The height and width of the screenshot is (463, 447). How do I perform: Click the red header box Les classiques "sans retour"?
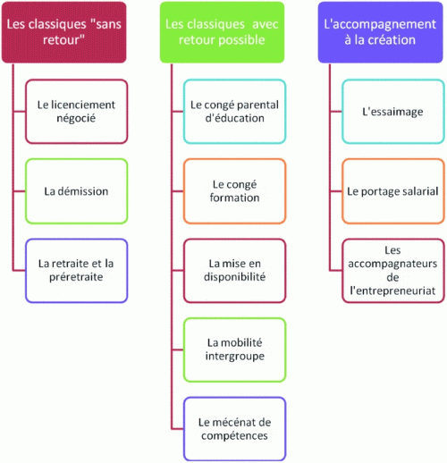[63, 32]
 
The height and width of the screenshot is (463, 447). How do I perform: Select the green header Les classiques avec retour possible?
[222, 32]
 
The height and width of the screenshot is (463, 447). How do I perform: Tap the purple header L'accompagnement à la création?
[380, 32]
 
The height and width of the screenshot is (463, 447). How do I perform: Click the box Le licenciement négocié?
[77, 112]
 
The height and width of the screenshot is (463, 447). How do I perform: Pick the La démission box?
[77, 191]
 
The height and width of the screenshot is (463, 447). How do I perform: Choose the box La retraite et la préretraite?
[77, 271]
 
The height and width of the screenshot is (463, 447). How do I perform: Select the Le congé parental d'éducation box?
[235, 112]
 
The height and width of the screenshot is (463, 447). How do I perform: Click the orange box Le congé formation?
[235, 191]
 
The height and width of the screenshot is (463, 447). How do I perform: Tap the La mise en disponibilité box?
[235, 271]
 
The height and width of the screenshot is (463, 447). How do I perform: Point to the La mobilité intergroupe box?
[235, 349]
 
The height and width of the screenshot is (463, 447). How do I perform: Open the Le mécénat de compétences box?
[235, 429]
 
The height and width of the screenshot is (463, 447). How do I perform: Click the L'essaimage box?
[393, 112]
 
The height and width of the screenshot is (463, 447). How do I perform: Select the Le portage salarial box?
[393, 191]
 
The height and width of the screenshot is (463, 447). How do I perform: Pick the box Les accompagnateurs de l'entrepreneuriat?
[393, 271]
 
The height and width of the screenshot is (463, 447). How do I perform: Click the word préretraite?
[76, 277]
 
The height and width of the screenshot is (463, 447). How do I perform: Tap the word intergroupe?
[235, 357]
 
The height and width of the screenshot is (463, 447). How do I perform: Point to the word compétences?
[234, 436]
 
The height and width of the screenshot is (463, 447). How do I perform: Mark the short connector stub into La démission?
[20, 191]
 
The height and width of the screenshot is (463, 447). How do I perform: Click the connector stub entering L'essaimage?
[336, 112]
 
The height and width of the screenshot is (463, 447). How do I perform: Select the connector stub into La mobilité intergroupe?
[178, 349]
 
